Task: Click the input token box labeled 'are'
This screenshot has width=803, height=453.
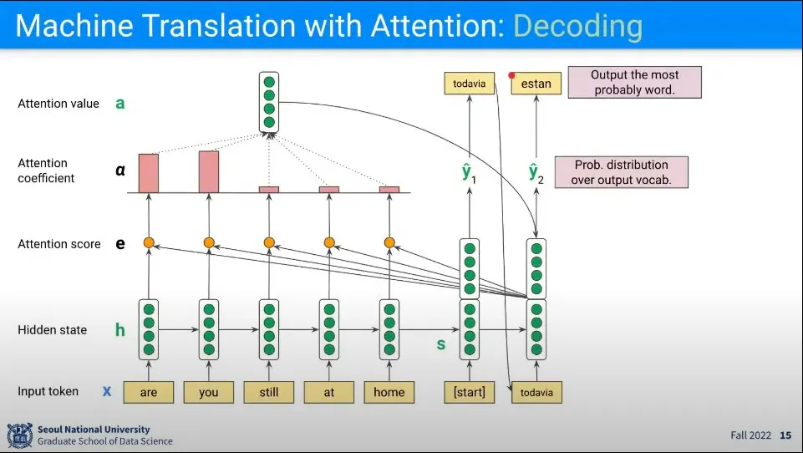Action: [x=149, y=391]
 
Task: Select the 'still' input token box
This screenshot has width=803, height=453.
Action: [x=268, y=391]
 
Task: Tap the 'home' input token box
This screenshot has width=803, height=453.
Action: [x=389, y=391]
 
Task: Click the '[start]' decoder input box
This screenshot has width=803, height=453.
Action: [x=469, y=391]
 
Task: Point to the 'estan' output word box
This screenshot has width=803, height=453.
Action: [x=536, y=84]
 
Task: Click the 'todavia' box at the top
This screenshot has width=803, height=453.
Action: [x=469, y=84]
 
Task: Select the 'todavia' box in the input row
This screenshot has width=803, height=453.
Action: [x=536, y=392]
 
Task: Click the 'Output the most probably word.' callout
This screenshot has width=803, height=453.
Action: [x=634, y=82]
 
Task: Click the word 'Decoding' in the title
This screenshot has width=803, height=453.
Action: [x=577, y=25]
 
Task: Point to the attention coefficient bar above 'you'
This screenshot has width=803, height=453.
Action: [x=209, y=171]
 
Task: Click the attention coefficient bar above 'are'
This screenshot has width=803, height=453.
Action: [x=149, y=173]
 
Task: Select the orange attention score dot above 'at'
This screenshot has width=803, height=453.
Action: [x=329, y=242]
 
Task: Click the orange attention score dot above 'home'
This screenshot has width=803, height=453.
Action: [x=389, y=242]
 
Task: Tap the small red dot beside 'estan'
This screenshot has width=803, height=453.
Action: [x=511, y=74]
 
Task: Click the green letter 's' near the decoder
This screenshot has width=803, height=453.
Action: [x=441, y=344]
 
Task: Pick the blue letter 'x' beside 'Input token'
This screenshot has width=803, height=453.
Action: [x=107, y=391]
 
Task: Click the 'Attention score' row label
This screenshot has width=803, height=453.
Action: [x=59, y=244]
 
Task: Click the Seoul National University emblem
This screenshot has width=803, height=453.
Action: [x=20, y=435]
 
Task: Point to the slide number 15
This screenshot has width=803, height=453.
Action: [x=785, y=435]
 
